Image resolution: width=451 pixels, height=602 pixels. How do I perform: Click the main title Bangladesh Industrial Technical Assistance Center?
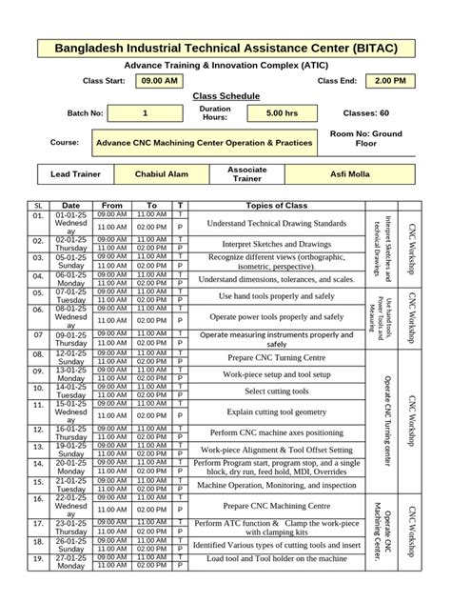(225, 47)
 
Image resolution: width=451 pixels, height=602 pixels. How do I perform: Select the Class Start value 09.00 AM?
(159, 81)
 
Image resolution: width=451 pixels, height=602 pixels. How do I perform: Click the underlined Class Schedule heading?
(225, 97)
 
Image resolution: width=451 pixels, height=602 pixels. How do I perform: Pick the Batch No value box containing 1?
(145, 113)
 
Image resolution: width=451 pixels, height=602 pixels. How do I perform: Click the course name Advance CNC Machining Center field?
(205, 142)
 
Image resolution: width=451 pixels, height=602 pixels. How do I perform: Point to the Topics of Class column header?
(277, 206)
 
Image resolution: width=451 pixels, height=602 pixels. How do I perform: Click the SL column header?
(39, 206)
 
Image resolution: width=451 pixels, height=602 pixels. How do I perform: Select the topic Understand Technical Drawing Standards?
(277, 223)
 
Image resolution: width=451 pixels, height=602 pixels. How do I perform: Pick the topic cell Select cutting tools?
(277, 391)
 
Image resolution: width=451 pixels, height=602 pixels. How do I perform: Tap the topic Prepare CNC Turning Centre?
(277, 356)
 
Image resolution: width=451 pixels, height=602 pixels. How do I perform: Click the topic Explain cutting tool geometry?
(277, 411)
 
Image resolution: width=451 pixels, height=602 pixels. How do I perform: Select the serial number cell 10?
(39, 391)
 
